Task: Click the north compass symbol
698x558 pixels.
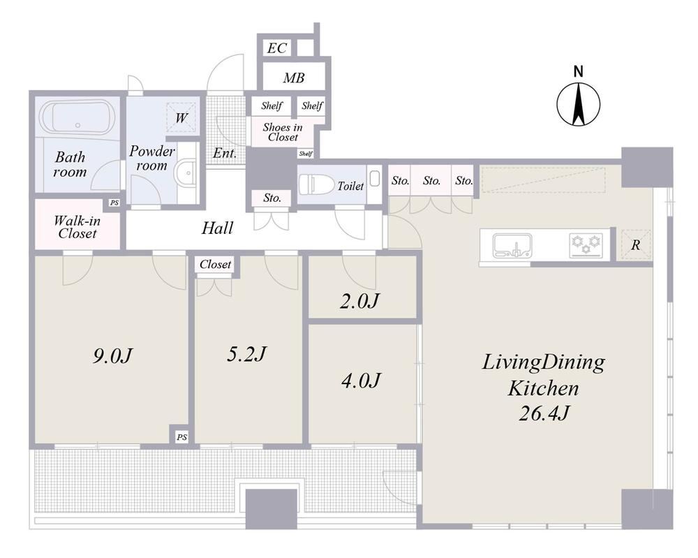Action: tap(578, 104)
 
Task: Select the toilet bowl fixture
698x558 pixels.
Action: tap(315, 185)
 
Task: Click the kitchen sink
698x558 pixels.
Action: tap(512, 246)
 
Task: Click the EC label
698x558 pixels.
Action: tap(276, 48)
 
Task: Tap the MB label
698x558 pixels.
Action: tap(294, 78)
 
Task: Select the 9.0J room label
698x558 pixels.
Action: tap(113, 356)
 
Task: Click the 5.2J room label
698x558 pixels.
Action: tap(246, 354)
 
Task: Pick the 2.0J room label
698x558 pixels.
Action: tap(359, 301)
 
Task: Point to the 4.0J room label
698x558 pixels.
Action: tap(361, 381)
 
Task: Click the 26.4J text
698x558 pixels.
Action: tap(544, 413)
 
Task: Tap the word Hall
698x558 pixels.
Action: tap(217, 228)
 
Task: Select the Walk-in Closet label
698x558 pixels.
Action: tap(77, 227)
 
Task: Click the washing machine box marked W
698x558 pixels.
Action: tap(181, 117)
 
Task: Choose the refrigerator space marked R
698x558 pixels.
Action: tap(636, 245)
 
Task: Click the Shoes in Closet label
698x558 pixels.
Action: tap(283, 132)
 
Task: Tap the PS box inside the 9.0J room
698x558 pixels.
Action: tap(181, 437)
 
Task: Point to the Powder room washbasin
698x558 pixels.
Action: tap(186, 173)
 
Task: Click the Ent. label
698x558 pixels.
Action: tap(225, 153)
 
